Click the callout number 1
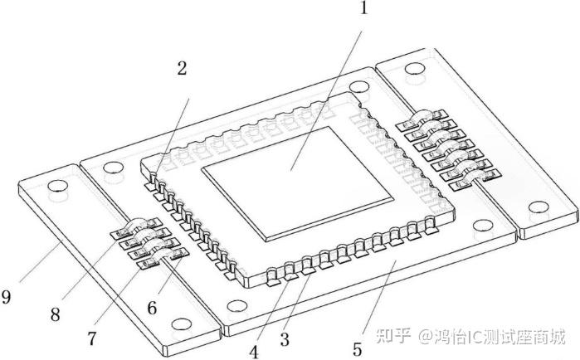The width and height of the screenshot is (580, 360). (x=362, y=12)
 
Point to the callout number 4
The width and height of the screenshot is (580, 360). (x=253, y=349)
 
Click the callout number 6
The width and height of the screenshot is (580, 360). (x=154, y=307)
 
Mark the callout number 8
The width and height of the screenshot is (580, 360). (x=55, y=314)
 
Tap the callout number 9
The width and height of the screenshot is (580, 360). (x=7, y=296)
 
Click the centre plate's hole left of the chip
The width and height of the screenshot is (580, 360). (x=109, y=169)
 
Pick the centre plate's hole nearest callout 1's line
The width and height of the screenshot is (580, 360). (x=358, y=86)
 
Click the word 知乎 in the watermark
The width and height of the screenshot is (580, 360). (x=392, y=337)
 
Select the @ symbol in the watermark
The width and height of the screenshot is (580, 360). (x=425, y=337)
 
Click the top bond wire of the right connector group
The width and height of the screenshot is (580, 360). (x=423, y=117)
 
